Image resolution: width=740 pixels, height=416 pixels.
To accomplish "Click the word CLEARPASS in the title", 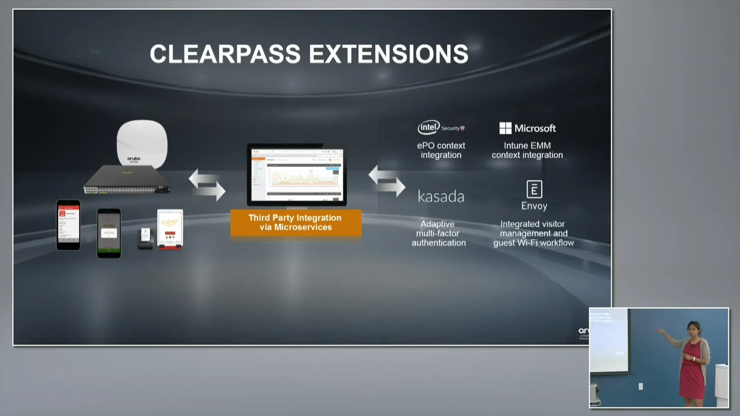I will pyautogui.click(x=225, y=54).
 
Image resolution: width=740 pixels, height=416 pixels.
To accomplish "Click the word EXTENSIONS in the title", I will pyautogui.click(x=388, y=54).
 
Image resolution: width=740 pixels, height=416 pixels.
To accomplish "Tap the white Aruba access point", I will pyautogui.click(x=142, y=144).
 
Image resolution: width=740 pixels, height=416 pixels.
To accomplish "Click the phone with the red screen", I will pyautogui.click(x=68, y=225).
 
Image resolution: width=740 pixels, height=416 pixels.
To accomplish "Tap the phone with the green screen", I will pyautogui.click(x=109, y=232).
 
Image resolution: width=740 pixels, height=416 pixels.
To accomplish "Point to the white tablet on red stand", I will pyautogui.click(x=170, y=229).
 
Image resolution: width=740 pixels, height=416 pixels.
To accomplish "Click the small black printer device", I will pyautogui.click(x=146, y=238).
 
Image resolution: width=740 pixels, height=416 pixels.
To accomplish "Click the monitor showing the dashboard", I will pyautogui.click(x=297, y=175).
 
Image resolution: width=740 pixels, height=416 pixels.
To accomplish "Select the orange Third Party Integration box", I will pyautogui.click(x=295, y=222).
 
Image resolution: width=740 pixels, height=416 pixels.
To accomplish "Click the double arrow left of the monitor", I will pyautogui.click(x=207, y=184).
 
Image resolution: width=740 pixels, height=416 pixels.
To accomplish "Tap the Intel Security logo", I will pyautogui.click(x=441, y=128).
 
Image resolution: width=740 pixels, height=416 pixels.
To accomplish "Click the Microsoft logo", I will pyautogui.click(x=527, y=128).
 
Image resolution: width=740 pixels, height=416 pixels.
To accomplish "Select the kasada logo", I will pyautogui.click(x=441, y=196).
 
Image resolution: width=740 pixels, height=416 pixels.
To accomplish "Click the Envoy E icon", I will pyautogui.click(x=534, y=190).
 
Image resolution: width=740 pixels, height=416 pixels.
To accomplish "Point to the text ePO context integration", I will pyautogui.click(x=441, y=150).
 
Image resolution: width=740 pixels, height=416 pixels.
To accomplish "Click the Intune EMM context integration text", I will pyautogui.click(x=527, y=150).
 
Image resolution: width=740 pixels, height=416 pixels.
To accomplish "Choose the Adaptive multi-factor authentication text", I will pyautogui.click(x=439, y=233).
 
